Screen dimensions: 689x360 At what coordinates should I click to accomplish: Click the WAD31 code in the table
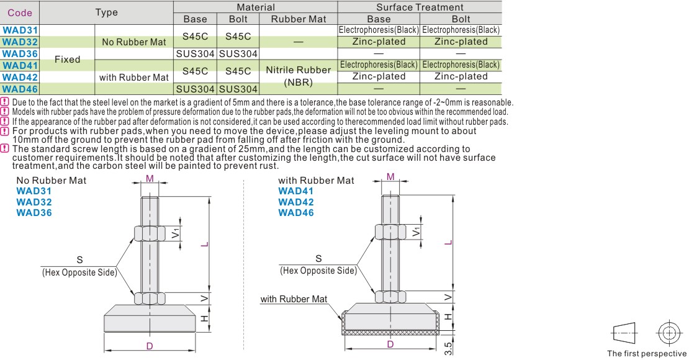click(20, 30)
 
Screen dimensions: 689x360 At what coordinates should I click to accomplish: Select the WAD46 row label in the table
click(20, 89)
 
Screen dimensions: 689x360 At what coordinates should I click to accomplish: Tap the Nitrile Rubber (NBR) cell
click(299, 76)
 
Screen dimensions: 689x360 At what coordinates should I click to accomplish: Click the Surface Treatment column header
click(420, 7)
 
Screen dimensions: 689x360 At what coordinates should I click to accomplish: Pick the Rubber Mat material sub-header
click(299, 19)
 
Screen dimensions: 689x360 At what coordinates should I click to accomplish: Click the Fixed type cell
click(67, 60)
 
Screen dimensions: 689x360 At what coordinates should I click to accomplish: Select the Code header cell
click(20, 13)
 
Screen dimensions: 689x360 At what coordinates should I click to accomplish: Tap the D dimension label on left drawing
click(150, 346)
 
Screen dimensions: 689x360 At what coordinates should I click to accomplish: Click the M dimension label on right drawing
click(390, 177)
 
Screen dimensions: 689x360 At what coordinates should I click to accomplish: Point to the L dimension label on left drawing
click(204, 244)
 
